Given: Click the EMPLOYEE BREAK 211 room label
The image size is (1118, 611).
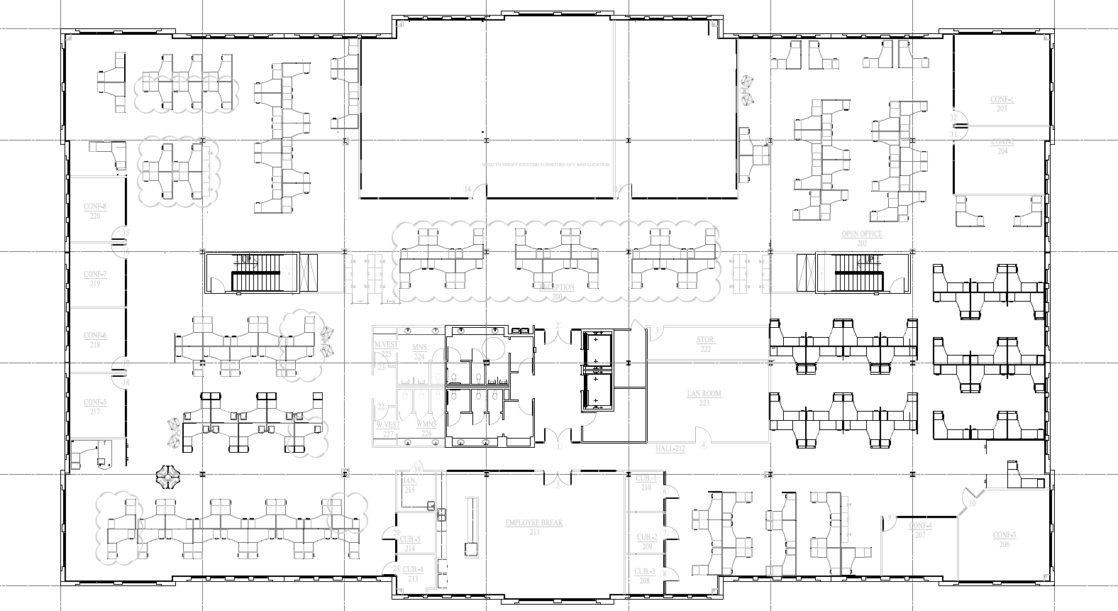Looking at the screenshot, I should [533, 527].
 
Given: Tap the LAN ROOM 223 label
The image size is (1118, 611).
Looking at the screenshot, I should [704, 398].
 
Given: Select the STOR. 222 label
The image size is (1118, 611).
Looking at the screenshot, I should [705, 345].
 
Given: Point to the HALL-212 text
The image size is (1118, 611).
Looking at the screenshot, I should [670, 449].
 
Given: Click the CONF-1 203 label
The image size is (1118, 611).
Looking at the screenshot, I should [1002, 104].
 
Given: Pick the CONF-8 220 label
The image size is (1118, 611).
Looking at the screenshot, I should [94, 211].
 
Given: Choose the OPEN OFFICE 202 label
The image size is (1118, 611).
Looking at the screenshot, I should [862, 238].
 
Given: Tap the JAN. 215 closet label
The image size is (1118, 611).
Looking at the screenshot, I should [409, 486].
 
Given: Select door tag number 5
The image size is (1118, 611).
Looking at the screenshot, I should [558, 485].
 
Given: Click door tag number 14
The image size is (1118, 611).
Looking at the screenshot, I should [467, 188].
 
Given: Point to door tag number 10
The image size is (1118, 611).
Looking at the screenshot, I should [972, 503].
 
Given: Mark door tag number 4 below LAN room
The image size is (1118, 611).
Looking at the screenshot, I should [703, 446].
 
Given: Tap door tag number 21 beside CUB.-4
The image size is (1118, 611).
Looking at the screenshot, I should [396, 568].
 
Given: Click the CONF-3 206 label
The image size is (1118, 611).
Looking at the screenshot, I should [1004, 539].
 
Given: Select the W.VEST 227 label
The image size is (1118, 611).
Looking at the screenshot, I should [388, 429].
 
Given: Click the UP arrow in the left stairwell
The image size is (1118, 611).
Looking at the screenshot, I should [246, 260].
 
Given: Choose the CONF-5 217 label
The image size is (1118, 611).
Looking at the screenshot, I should [94, 407].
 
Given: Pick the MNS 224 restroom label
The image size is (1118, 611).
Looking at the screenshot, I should [419, 352].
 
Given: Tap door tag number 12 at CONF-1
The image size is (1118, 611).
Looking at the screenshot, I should [954, 117].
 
